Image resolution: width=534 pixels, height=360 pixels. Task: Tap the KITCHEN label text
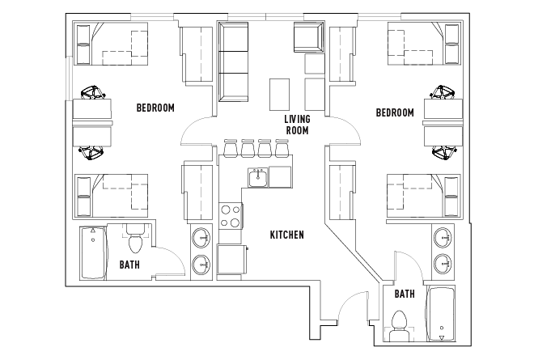[x=286, y=235]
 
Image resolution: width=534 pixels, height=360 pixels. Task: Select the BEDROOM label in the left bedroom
[x=155, y=108]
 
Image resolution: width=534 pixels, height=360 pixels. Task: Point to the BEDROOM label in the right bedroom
[x=395, y=112]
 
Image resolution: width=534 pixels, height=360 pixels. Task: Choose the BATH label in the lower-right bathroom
[x=405, y=295]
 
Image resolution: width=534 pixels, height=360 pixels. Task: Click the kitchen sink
[x=258, y=176]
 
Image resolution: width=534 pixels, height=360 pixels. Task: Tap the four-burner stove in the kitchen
[x=231, y=215]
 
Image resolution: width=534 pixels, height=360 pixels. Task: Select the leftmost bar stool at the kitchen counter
[x=229, y=150]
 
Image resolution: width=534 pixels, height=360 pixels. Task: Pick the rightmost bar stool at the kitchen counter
[x=282, y=150]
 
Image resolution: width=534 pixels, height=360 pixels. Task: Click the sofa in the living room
[x=234, y=61]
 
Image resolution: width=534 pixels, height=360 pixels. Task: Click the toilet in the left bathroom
[x=135, y=240]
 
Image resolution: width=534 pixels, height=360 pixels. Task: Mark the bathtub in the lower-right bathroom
[x=441, y=314]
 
